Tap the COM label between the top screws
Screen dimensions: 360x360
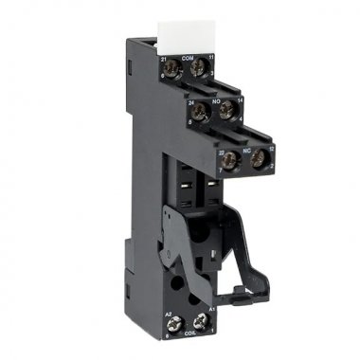tap(187, 59)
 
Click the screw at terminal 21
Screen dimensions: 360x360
tap(171, 71)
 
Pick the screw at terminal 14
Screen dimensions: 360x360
tap(225, 111)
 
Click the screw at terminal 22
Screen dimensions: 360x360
tap(228, 160)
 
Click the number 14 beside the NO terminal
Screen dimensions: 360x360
tap(240, 99)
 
